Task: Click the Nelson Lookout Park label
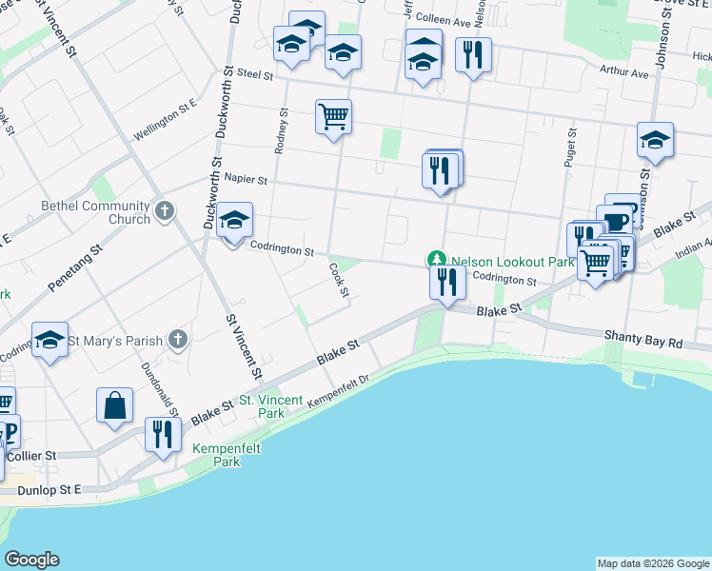513,261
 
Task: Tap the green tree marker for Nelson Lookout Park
436,260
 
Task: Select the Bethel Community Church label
95,212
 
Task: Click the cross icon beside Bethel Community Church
165,209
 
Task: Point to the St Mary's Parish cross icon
177,338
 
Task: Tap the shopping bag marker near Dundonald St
114,404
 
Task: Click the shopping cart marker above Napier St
333,117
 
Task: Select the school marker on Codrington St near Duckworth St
234,222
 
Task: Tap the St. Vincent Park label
262,406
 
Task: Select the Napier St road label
247,179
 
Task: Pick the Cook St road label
337,281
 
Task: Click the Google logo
31,560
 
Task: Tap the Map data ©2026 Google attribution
653,563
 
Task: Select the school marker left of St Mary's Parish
49,342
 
